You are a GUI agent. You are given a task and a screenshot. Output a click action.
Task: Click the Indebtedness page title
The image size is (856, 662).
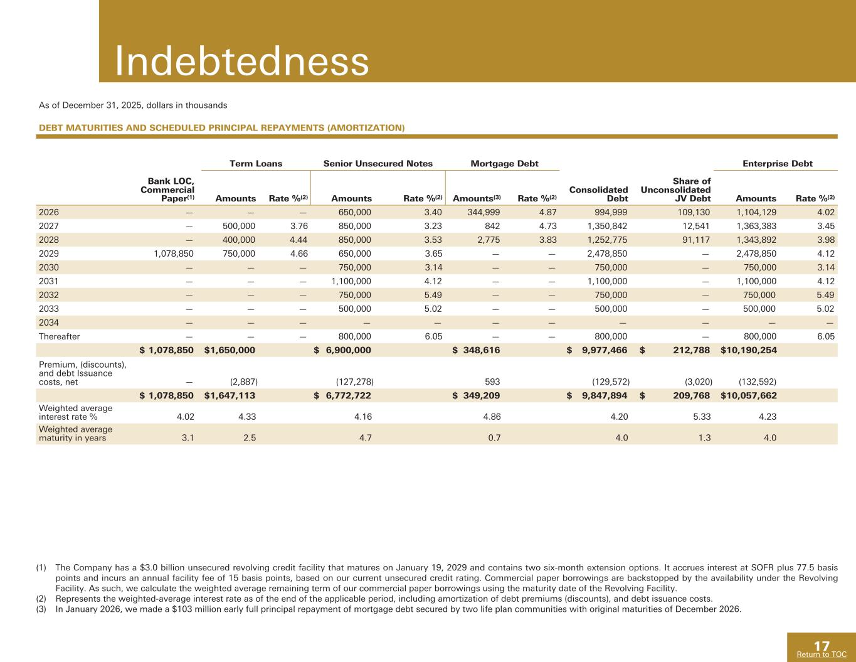click(x=241, y=62)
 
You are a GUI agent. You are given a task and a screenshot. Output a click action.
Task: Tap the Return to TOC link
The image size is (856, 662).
click(x=821, y=654)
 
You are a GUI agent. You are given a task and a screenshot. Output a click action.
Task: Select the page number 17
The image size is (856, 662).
click(x=822, y=646)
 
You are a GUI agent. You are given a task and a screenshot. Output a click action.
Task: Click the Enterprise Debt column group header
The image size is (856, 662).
click(x=777, y=164)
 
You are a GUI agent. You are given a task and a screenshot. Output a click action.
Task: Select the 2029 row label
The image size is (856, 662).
click(x=48, y=254)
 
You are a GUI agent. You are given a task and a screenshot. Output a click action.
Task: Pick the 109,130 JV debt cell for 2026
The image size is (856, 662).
click(x=692, y=212)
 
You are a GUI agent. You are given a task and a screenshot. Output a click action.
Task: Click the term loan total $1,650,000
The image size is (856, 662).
click(x=230, y=350)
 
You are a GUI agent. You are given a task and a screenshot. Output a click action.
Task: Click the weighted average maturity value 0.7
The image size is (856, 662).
click(x=494, y=439)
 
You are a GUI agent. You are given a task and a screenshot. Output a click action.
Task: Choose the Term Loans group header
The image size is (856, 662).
click(x=256, y=164)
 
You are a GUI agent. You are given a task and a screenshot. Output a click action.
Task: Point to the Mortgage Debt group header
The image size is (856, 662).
click(x=504, y=164)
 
